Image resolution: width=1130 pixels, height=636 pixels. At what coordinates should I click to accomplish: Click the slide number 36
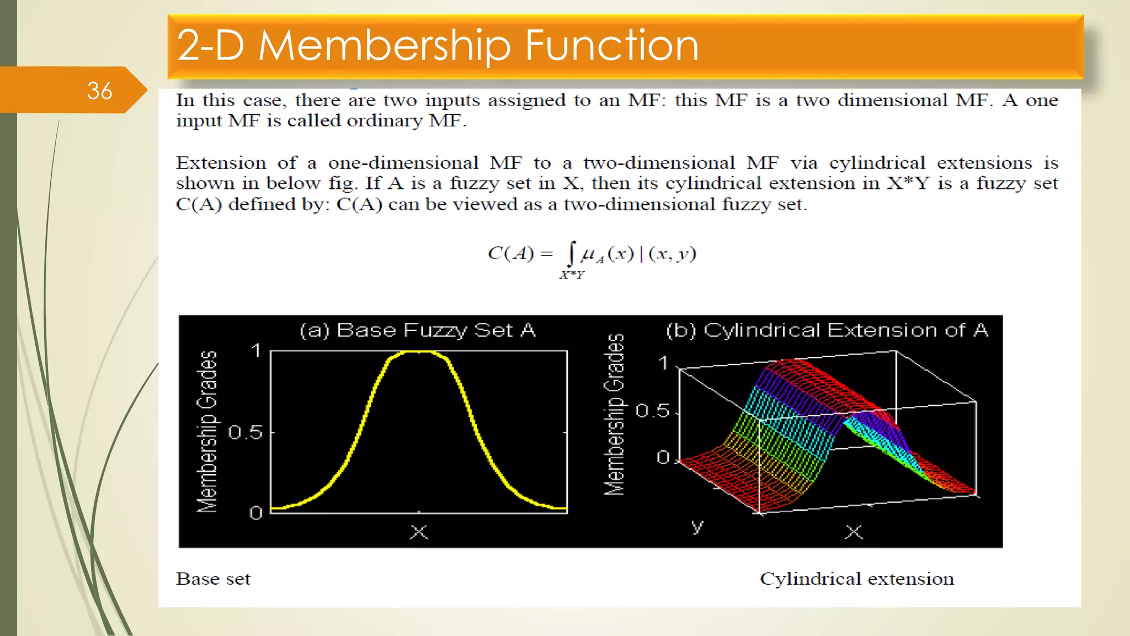click(x=99, y=91)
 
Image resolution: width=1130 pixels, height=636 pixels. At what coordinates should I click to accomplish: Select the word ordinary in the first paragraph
click(x=385, y=121)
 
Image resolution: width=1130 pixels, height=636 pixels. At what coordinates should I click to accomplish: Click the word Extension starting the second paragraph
click(x=221, y=163)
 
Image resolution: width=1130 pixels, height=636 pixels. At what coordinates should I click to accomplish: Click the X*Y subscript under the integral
click(x=572, y=275)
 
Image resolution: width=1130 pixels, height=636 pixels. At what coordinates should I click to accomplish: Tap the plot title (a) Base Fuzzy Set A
click(x=417, y=330)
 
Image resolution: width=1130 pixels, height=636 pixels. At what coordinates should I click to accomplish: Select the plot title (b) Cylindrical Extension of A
click(x=827, y=330)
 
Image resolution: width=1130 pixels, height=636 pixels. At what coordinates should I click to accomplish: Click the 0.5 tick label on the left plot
click(x=246, y=432)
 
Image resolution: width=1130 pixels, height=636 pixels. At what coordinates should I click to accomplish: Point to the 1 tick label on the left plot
click(x=256, y=351)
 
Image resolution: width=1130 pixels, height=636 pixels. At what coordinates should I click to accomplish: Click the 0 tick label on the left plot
click(x=255, y=513)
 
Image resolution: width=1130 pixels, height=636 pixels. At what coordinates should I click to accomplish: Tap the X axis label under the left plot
click(x=419, y=532)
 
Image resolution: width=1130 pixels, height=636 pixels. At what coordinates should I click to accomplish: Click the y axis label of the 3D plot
click(x=697, y=526)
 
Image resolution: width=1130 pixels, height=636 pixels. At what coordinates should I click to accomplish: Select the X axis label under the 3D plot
click(x=854, y=532)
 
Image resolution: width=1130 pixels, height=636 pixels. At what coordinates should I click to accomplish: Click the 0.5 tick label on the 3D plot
click(x=652, y=411)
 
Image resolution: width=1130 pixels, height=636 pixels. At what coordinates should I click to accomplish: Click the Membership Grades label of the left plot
click(x=207, y=432)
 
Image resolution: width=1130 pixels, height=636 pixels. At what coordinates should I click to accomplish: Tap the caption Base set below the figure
click(x=213, y=579)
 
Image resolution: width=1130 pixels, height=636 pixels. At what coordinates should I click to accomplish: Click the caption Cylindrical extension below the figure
click(x=856, y=579)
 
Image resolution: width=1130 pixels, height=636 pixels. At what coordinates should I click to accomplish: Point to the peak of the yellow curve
click(x=418, y=352)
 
